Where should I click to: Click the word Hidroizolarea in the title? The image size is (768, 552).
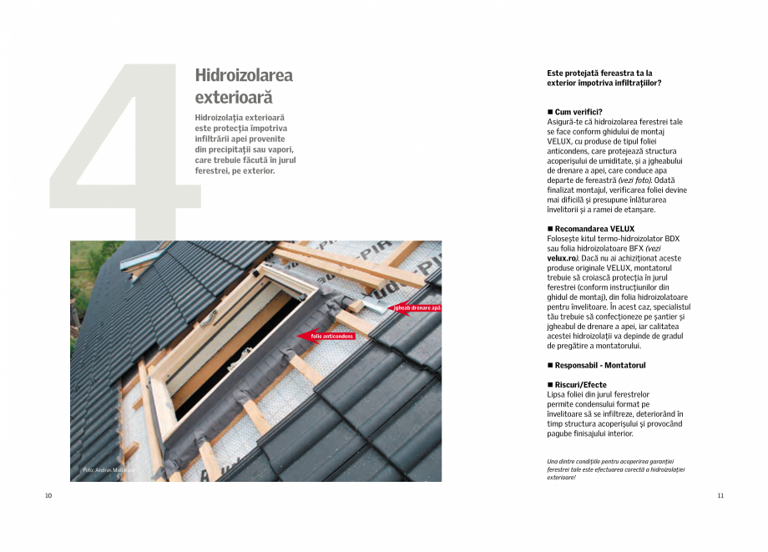[244, 75]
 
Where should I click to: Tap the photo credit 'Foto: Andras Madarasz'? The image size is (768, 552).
[109, 470]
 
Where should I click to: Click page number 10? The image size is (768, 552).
[48, 496]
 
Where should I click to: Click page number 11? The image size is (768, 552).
[720, 496]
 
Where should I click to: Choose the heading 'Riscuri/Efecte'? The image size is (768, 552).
[581, 385]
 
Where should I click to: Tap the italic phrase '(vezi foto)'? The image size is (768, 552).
[635, 180]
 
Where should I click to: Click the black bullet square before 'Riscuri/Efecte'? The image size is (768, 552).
[550, 385]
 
